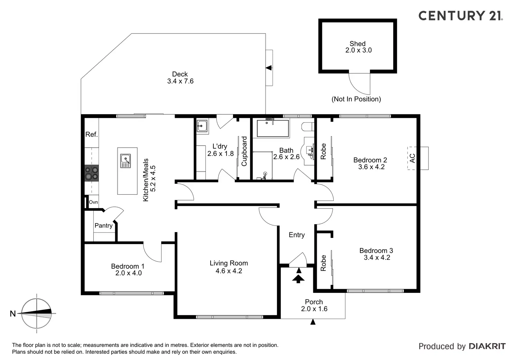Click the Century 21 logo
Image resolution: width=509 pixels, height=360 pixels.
coord(460,16)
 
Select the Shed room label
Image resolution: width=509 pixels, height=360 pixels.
coord(358,44)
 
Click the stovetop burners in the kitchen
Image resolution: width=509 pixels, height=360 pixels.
coord(92,173)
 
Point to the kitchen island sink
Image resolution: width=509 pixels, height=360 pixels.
coord(126,161)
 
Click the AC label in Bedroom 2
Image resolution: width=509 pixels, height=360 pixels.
coord(412,158)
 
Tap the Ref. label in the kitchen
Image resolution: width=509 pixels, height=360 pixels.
coord(92,135)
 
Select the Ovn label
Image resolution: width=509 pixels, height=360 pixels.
coord(93,202)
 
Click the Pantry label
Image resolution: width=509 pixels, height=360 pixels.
coord(103,225)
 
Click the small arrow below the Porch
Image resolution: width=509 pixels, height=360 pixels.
coord(313,322)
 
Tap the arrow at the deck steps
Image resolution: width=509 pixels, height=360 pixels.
coord(269,68)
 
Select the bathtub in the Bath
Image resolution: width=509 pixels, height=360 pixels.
coord(272,129)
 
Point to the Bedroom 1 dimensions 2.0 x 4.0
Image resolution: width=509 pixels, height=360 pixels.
coord(128,273)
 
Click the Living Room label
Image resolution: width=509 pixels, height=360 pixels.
coord(229,263)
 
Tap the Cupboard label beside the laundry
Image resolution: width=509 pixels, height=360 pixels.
coord(244,151)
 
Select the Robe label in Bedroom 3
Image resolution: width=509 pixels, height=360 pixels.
coord(323,263)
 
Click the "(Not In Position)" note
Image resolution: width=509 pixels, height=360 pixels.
coord(356,99)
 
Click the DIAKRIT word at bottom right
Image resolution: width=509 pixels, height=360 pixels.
coord(487,346)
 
